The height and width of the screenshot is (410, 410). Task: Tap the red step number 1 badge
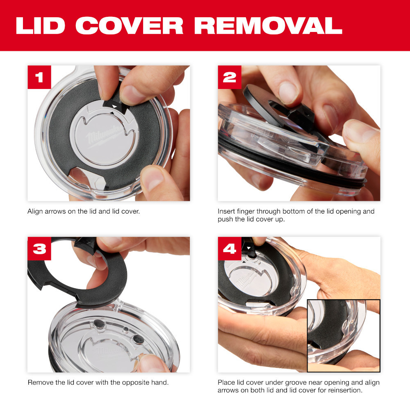click(39, 77)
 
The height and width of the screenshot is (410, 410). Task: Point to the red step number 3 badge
click(39, 248)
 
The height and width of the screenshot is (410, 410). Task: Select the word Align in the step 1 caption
click(35, 212)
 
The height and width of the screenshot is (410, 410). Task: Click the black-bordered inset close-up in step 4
click(344, 335)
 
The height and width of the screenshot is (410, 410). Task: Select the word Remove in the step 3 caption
click(39, 383)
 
